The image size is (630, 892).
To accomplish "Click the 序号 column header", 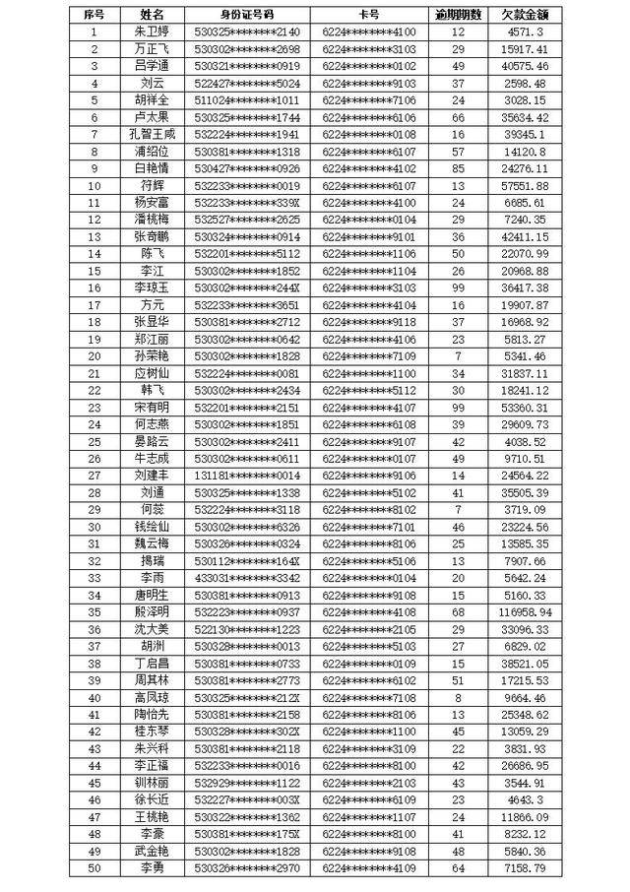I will point(94,15).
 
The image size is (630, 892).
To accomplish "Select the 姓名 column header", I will point(153,15).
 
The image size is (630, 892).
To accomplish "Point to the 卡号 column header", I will point(369,15).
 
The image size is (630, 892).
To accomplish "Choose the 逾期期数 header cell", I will point(458,15).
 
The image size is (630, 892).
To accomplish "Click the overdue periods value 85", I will point(458,168).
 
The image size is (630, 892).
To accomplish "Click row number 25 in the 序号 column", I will point(94,441).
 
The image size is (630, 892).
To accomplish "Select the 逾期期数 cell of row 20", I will point(458,355).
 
